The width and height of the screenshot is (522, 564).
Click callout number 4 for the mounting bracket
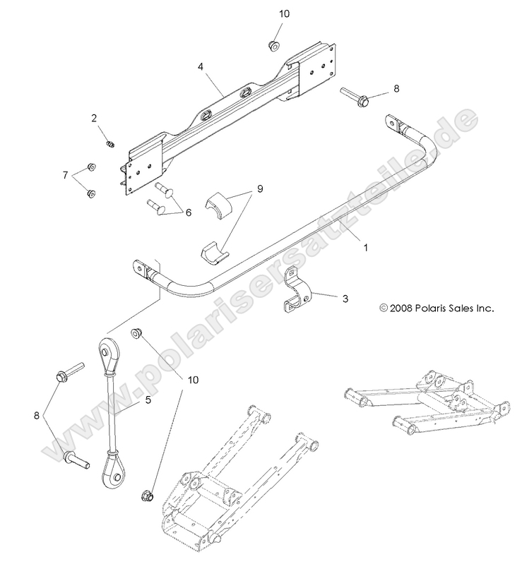(x=201, y=68)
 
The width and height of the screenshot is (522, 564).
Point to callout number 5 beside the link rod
(x=148, y=400)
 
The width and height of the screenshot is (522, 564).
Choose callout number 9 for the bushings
(x=259, y=189)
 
